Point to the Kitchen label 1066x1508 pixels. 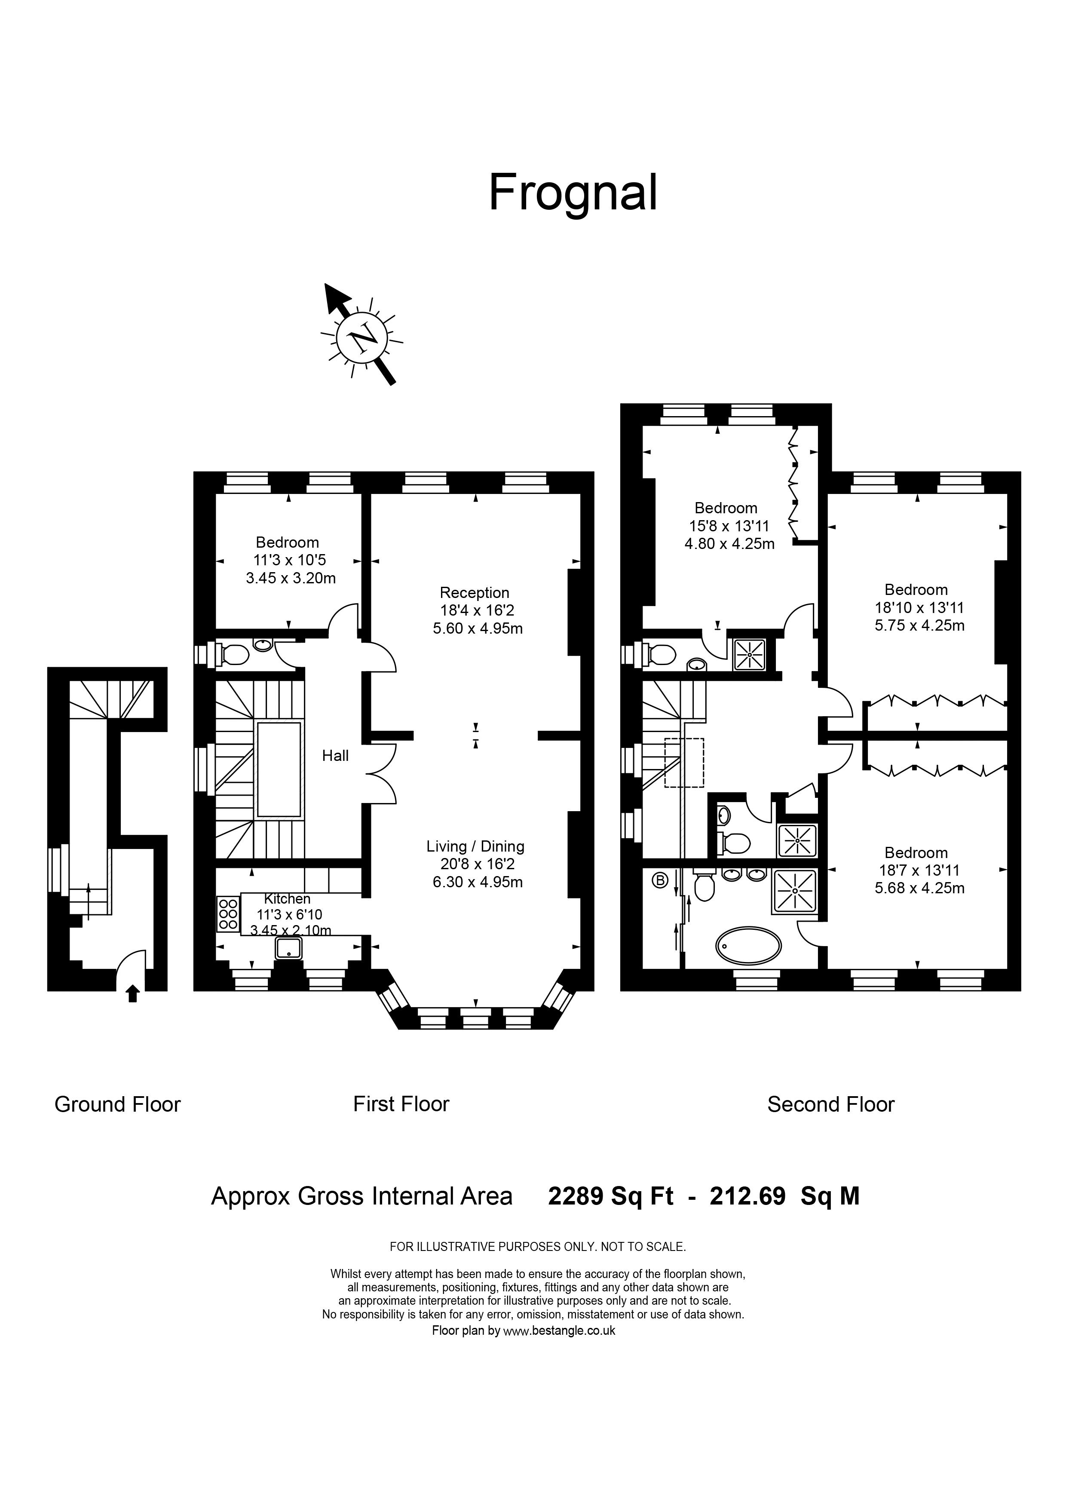pyautogui.click(x=287, y=898)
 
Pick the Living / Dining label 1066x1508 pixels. pyautogui.click(x=475, y=846)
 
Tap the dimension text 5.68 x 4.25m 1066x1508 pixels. pyautogui.click(x=919, y=888)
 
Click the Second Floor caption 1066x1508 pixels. pyautogui.click(x=831, y=1104)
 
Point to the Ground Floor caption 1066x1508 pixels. pyautogui.click(x=118, y=1104)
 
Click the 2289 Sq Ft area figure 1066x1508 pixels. pyautogui.click(x=611, y=1196)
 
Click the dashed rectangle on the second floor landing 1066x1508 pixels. pyautogui.click(x=684, y=763)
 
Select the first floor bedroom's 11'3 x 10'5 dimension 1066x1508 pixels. pyautogui.click(x=290, y=560)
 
